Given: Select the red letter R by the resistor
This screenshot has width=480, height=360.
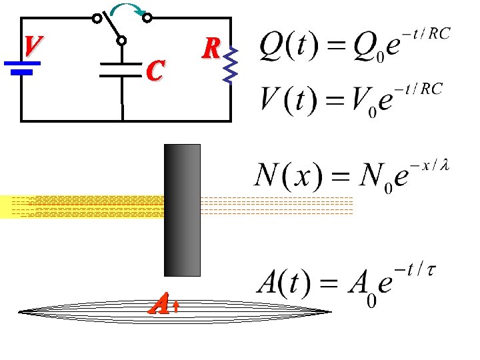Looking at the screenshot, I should pyautogui.click(x=211, y=47).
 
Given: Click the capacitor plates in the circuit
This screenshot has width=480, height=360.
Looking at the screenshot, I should pyautogui.click(x=122, y=70).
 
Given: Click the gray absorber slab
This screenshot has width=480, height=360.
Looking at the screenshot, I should pyautogui.click(x=182, y=210).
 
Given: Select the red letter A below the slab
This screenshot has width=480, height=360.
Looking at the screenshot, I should pyautogui.click(x=159, y=305).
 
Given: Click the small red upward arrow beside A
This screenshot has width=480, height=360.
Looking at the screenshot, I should pyautogui.click(x=175, y=306).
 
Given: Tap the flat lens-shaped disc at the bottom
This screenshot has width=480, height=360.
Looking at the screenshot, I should pyautogui.click(x=175, y=311).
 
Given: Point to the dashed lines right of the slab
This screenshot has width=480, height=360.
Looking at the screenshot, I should pyautogui.click(x=277, y=206).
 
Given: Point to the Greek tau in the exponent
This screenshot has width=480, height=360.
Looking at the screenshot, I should pyautogui.click(x=431, y=270).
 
